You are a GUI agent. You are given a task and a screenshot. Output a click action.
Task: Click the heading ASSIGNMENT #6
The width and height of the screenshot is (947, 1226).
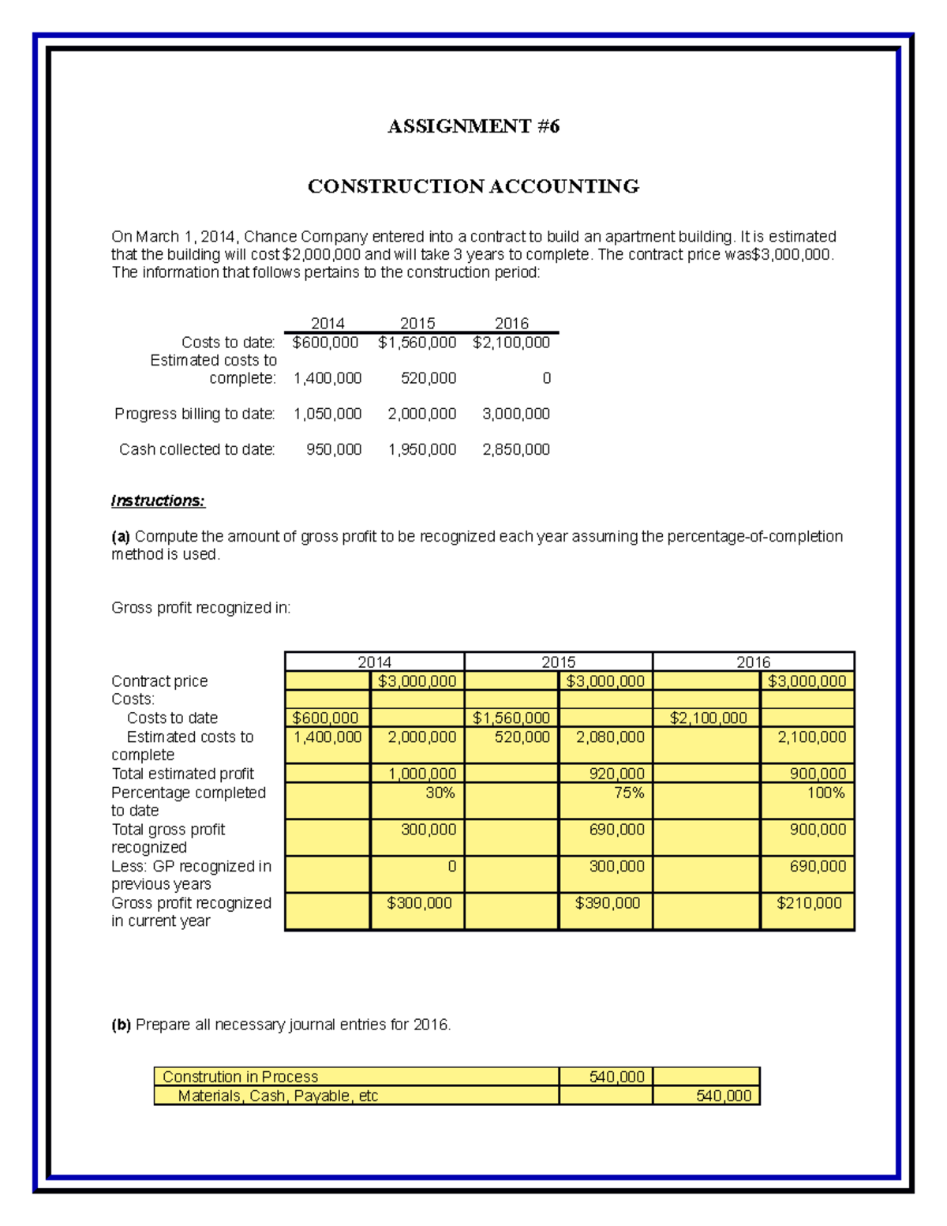(x=473, y=126)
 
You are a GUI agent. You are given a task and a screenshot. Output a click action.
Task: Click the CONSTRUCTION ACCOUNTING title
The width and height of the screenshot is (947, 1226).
(x=473, y=186)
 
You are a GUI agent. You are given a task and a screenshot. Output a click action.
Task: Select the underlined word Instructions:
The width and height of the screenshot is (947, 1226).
(x=158, y=501)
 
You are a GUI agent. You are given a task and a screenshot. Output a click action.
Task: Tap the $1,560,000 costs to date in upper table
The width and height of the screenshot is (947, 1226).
(x=417, y=343)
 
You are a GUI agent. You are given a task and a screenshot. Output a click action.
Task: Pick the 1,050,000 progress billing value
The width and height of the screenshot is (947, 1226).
(x=328, y=414)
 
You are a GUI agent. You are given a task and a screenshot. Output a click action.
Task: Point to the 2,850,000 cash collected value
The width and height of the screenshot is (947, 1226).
(x=516, y=449)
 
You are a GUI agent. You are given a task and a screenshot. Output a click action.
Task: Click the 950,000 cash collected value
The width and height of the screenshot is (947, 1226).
(x=334, y=449)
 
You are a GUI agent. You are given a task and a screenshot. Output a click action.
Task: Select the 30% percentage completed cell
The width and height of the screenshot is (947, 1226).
(x=440, y=793)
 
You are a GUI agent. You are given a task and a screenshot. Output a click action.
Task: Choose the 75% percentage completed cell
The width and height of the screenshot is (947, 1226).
(x=628, y=793)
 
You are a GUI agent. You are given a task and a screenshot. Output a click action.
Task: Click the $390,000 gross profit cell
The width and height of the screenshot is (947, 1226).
(x=607, y=903)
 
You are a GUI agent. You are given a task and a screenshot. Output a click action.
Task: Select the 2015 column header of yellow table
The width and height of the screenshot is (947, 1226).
(x=558, y=662)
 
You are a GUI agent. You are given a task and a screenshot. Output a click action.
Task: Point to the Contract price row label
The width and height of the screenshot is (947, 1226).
(x=159, y=681)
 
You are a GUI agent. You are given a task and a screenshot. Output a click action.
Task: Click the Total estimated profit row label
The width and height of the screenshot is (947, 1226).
(x=182, y=774)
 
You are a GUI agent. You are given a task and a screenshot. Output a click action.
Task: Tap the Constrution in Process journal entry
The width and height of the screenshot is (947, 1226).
(x=240, y=1077)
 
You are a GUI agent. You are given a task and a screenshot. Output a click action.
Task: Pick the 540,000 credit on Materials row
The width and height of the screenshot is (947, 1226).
(x=723, y=1096)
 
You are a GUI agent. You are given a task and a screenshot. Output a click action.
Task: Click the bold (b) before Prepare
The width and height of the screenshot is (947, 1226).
(x=121, y=1025)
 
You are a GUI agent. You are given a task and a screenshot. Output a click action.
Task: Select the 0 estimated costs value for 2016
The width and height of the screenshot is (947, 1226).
(x=546, y=378)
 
